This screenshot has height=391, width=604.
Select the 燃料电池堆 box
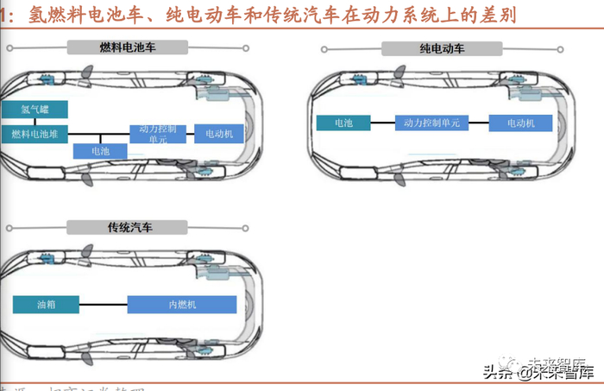click(35, 134)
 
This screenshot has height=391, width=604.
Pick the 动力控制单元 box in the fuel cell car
click(157, 134)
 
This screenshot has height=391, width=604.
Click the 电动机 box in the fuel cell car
click(219, 134)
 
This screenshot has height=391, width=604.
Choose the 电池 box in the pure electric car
click(343, 123)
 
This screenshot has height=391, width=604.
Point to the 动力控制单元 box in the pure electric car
click(431, 123)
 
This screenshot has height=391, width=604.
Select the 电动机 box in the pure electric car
click(520, 123)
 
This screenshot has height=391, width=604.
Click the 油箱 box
click(46, 304)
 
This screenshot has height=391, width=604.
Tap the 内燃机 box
click(182, 304)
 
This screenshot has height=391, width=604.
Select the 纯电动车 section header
click(442, 49)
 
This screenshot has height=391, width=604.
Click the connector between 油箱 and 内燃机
click(103, 304)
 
